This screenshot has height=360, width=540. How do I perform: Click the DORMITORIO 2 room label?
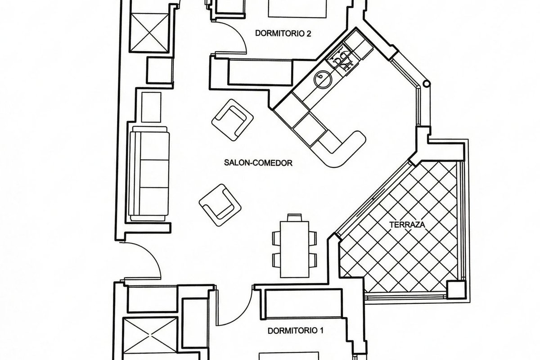tap(283, 33)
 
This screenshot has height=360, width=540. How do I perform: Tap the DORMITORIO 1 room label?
tap(295, 331)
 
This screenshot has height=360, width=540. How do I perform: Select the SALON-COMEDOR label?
tap(258, 163)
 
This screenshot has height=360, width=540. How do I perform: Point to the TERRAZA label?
tap(407, 225)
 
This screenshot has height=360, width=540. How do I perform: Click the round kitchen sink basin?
tap(323, 80)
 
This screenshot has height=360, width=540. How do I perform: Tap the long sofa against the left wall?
tap(149, 174)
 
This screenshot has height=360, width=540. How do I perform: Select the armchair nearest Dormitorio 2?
tap(232, 120)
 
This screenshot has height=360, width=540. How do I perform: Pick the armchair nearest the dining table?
tap(220, 205)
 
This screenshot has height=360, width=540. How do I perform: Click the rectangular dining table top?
tap(295, 249)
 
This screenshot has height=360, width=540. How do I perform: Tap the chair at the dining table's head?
tap(295, 217)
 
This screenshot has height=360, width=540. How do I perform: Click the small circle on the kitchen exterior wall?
tap(427, 84)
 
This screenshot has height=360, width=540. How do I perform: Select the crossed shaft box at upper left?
tap(149, 32)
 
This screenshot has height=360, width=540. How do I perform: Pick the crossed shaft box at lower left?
tap(150, 336)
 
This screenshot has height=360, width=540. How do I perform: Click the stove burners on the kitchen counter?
tap(342, 60)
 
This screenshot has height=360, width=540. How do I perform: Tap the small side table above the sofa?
tap(151, 107)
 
